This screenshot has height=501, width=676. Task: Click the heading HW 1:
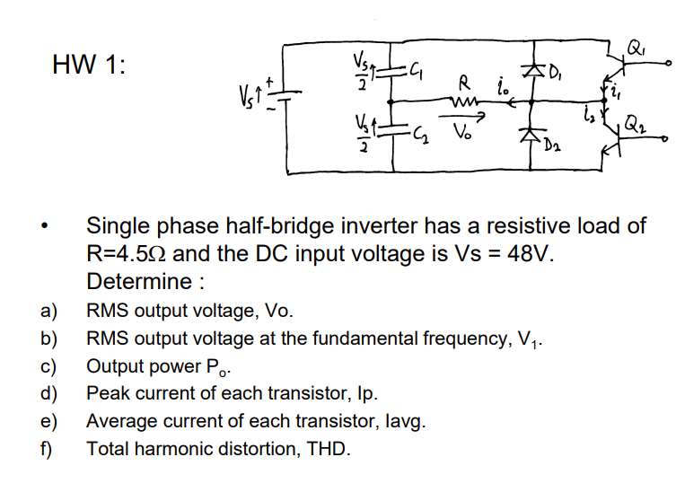point(90,65)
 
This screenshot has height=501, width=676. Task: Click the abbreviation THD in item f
point(327,448)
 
